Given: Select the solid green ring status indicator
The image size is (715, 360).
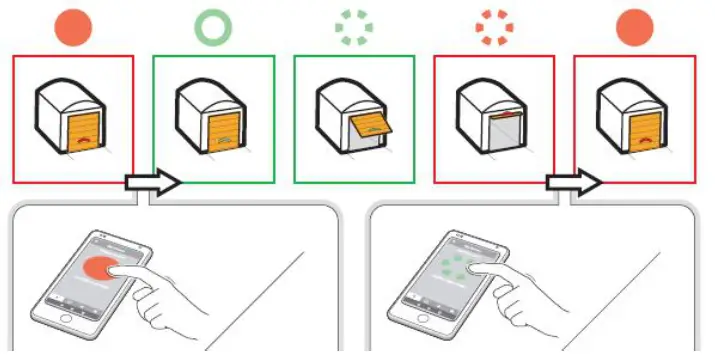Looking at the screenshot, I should (x=212, y=27).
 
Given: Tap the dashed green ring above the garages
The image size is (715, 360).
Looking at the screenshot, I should (x=352, y=28).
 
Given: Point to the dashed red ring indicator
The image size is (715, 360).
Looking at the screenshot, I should (x=493, y=27).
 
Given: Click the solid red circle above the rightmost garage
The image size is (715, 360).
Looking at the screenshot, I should (x=634, y=27).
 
